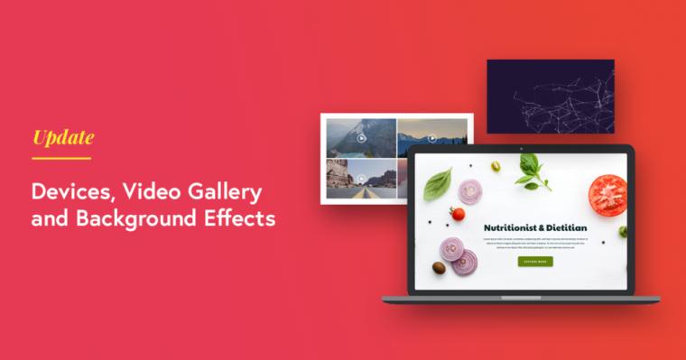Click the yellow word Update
[63, 137]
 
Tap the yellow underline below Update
[61, 159]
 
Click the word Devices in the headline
[72, 191]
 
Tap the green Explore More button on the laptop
[535, 262]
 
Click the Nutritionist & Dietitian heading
[535, 228]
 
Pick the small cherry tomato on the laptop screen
[458, 214]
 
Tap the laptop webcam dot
[521, 148]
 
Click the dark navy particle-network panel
[551, 97]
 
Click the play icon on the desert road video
[360, 178]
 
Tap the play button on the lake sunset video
[432, 138]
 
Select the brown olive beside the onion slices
[439, 267]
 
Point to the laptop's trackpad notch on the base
[521, 297]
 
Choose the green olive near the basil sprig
[496, 166]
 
